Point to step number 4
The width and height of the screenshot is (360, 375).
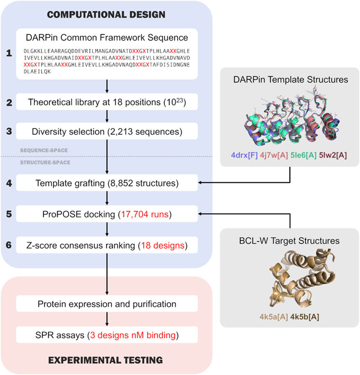click(x=9, y=183)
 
